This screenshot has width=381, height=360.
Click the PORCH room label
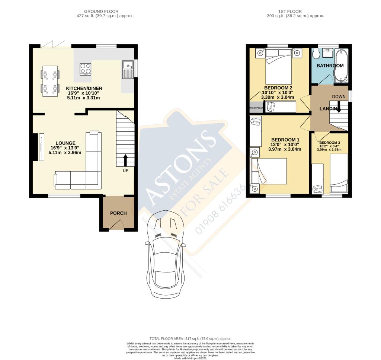[x=118, y=213]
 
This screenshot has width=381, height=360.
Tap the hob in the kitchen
[x=85, y=69]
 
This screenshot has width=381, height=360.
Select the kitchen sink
[x=128, y=69]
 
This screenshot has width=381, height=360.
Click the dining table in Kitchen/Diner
[x=50, y=81]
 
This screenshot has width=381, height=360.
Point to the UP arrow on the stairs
[x=125, y=160]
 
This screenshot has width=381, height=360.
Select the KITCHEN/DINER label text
[x=84, y=88]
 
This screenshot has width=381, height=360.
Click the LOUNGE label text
[x=65, y=143]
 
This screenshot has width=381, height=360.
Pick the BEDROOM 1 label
[x=286, y=140]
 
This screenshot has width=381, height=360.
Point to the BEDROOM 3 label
[x=330, y=143]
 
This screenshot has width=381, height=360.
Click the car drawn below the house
[x=165, y=253]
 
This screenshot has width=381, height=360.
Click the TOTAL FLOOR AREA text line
[x=190, y=339]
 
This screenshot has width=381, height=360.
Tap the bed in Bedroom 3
[x=338, y=173]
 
